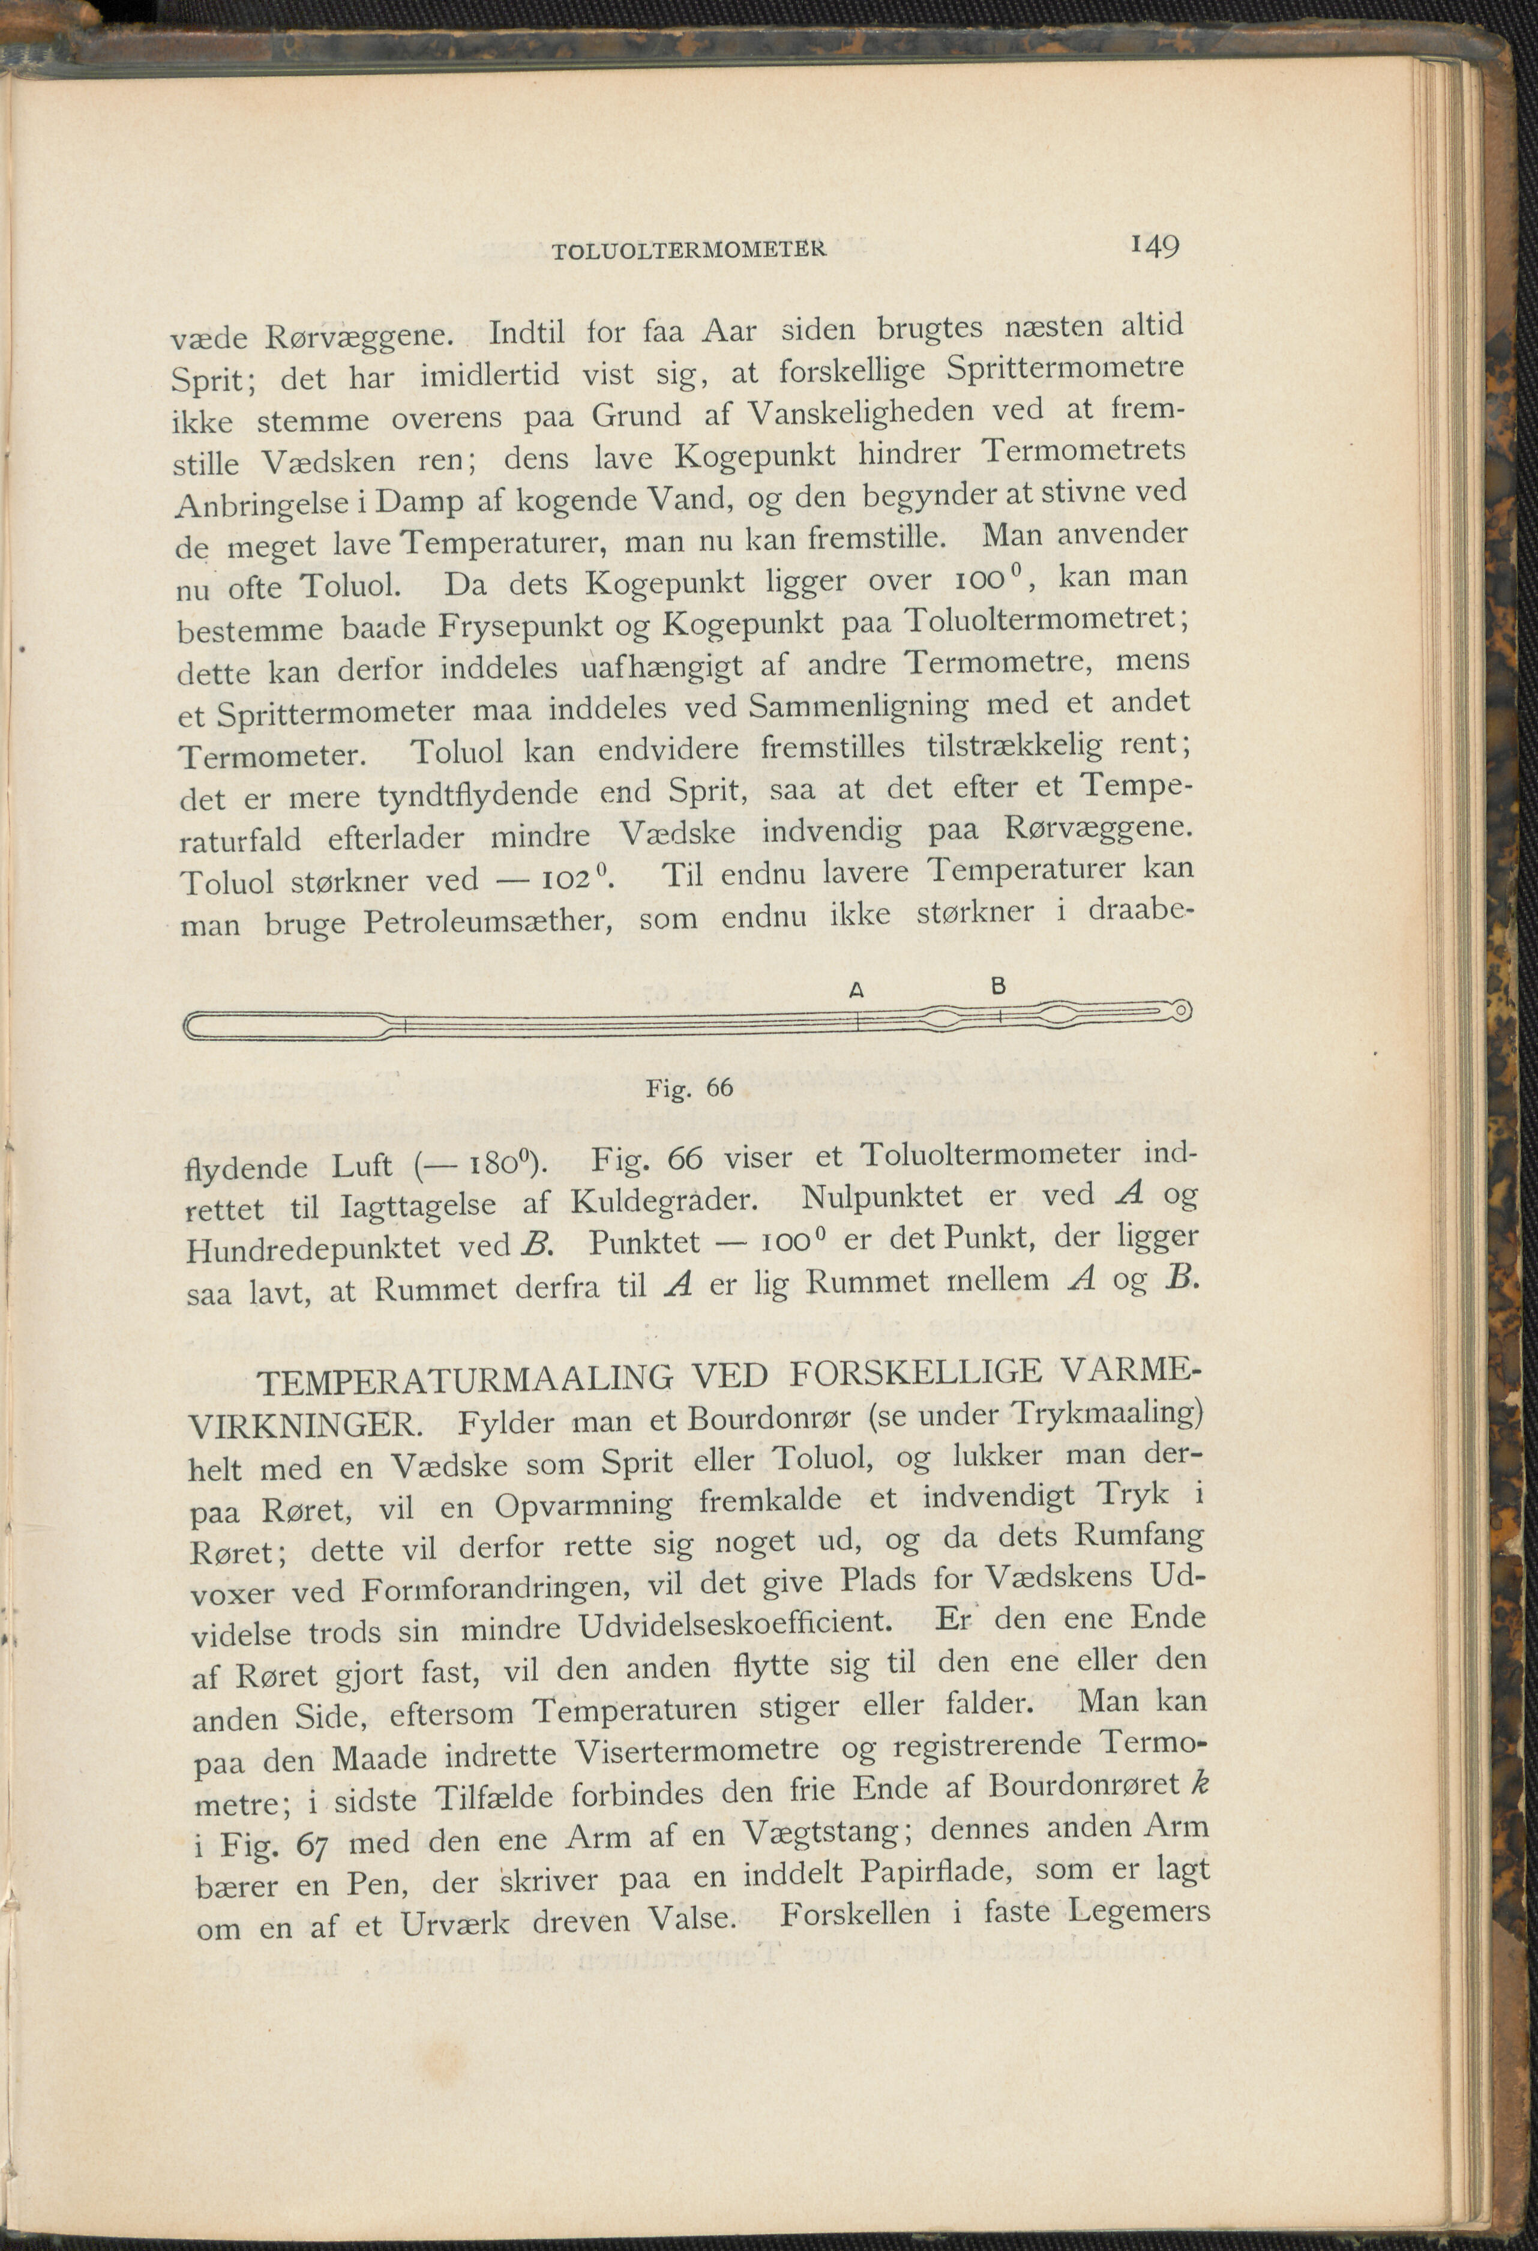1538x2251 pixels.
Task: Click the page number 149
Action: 1153,246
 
